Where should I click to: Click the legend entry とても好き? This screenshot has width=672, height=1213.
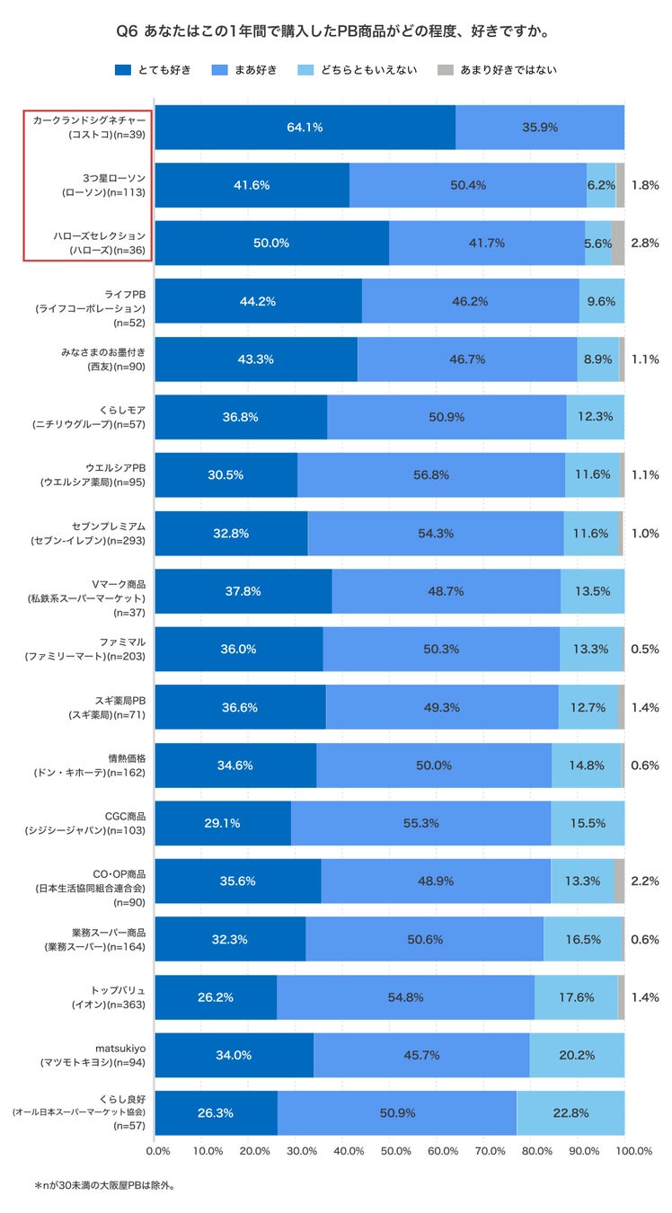[153, 69]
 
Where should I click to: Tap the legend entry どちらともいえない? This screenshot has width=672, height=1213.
[357, 69]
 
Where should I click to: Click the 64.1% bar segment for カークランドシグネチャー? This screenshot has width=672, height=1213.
[305, 127]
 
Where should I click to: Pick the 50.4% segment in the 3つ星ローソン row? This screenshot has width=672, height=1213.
[467, 185]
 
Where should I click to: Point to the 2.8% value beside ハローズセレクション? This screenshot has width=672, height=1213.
[645, 243]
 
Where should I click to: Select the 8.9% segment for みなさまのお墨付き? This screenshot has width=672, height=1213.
[597, 359]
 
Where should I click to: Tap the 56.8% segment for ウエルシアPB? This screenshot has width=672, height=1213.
[431, 475]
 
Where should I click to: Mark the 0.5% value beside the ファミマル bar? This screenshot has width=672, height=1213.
[645, 649]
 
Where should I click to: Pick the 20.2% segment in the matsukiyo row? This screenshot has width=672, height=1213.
[577, 1055]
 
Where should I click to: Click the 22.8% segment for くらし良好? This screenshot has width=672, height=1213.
[570, 1112]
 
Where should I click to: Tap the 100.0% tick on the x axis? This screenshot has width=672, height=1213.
[633, 1151]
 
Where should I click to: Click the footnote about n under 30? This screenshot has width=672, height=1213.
[104, 1185]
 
